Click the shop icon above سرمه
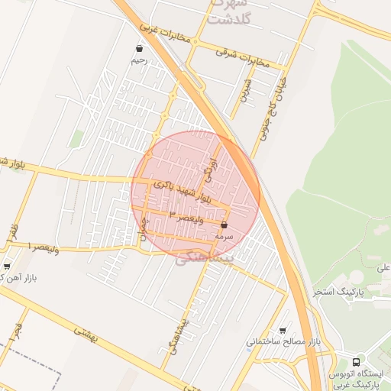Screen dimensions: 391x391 pyautogui.click(x=224, y=225)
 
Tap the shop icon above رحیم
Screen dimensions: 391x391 pyautogui.click(x=138, y=49)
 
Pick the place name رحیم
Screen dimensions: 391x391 pyautogui.click(x=138, y=60)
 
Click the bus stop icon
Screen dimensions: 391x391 pyautogui.click(x=357, y=361)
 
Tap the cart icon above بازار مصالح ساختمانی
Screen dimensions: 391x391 pyautogui.click(x=283, y=331)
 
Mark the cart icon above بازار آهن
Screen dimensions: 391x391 pyautogui.click(x=7, y=267)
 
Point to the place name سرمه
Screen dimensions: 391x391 pyautogui.click(x=224, y=237)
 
